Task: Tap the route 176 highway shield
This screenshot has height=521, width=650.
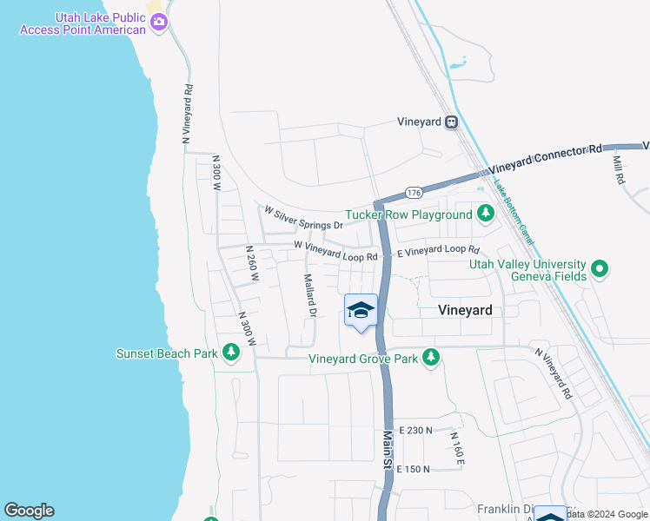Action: coord(414,192)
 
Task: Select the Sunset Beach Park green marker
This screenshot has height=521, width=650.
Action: coord(231,353)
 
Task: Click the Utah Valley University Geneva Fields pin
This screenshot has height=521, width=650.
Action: coord(599,269)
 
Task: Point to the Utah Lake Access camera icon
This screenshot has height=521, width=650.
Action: coord(158,23)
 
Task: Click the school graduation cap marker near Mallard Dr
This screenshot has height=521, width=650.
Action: coord(361,310)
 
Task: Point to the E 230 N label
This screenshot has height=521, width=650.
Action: coord(415,430)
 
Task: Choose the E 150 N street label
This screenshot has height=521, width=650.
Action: coord(414,469)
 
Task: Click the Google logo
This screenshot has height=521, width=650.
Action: coord(29,511)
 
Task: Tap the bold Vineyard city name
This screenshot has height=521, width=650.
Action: coord(465,310)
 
